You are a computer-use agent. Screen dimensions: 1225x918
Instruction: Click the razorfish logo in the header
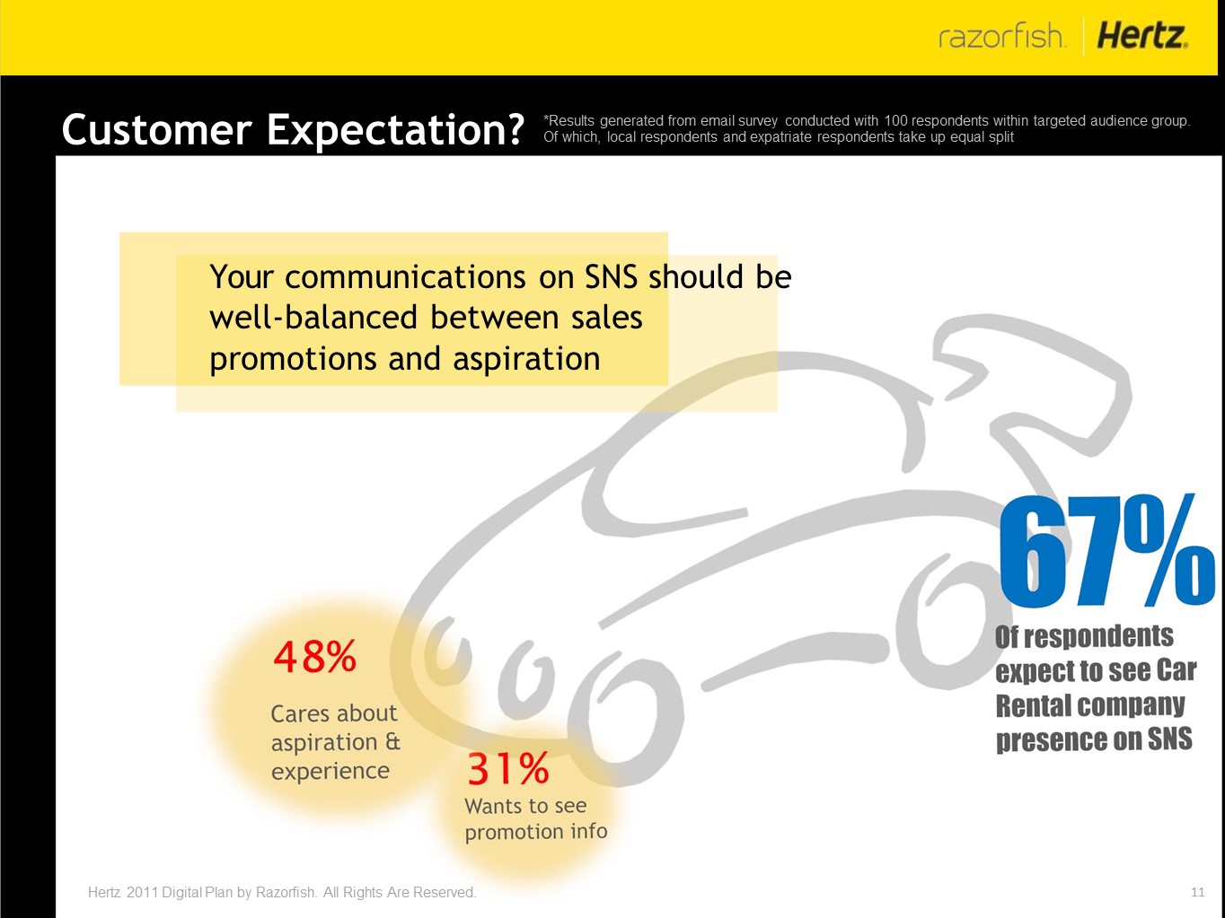(x=1002, y=36)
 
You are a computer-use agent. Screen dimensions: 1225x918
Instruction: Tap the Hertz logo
(x=1142, y=36)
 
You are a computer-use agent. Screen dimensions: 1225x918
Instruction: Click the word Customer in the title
(x=157, y=130)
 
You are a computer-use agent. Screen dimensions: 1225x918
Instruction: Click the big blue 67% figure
(x=1106, y=550)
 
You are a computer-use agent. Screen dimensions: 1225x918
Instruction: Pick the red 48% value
(x=314, y=657)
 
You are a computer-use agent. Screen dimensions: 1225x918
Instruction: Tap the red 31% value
(x=508, y=769)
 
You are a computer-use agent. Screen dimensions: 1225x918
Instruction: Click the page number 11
(x=1198, y=892)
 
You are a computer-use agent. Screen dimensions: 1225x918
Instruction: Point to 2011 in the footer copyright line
(x=142, y=892)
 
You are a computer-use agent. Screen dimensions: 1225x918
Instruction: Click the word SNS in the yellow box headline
(x=611, y=277)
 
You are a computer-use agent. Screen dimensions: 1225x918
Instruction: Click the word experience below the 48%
(x=330, y=772)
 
